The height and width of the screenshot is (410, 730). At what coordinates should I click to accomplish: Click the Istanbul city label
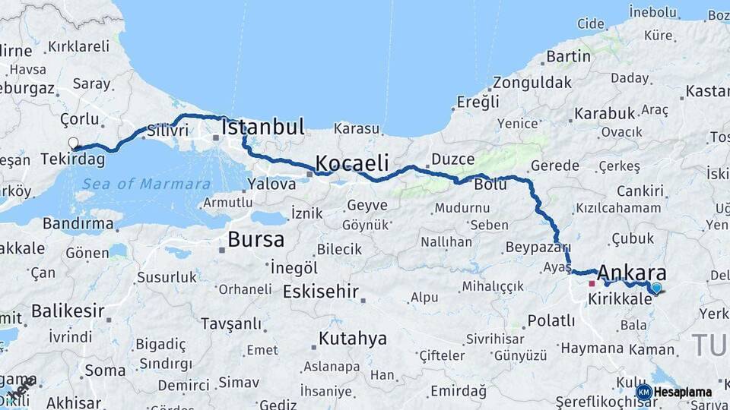tap(262, 127)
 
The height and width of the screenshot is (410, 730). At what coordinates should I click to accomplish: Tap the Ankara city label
tap(632, 273)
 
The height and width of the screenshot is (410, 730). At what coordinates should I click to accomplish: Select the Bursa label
tap(255, 240)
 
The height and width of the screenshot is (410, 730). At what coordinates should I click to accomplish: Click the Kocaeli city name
tap(352, 163)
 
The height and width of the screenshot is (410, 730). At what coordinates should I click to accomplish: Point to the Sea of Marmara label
tap(146, 184)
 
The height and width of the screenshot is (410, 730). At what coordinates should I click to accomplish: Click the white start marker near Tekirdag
tap(73, 143)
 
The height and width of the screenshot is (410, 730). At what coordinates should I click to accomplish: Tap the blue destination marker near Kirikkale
tap(656, 288)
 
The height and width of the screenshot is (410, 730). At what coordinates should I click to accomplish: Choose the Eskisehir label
tap(320, 292)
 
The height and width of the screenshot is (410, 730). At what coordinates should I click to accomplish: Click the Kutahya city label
tap(352, 339)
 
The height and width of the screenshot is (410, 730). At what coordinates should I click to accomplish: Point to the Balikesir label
tap(68, 311)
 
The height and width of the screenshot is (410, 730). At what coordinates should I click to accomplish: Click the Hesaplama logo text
tap(684, 393)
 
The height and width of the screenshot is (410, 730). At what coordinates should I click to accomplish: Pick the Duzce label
tap(452, 159)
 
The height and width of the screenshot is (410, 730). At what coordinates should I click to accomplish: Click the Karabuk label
tap(605, 113)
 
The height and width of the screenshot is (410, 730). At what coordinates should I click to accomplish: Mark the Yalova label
tap(271, 184)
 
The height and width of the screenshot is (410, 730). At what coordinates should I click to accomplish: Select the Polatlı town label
tap(551, 320)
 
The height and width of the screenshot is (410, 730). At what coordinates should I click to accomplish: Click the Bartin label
tap(568, 56)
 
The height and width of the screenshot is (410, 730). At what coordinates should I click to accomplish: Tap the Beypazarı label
tap(538, 248)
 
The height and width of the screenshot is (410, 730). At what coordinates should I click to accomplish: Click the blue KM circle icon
tap(644, 393)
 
